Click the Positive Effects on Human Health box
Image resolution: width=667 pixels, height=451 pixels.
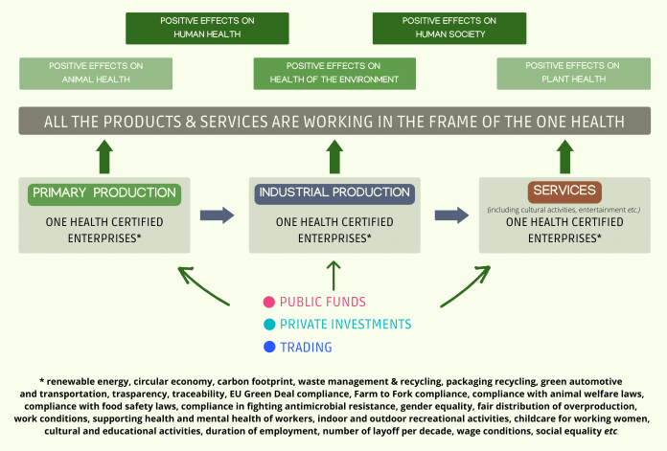(207, 28)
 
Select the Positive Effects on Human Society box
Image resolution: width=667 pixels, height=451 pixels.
(449, 28)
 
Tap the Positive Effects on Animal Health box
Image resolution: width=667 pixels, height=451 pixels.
(96, 74)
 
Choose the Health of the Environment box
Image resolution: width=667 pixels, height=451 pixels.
(334, 74)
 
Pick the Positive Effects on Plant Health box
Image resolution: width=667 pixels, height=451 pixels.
(573, 74)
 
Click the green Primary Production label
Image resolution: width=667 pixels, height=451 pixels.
(104, 194)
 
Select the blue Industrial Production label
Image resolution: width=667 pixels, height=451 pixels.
(334, 193)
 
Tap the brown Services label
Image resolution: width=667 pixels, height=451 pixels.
(564, 192)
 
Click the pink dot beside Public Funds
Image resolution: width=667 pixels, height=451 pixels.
(269, 302)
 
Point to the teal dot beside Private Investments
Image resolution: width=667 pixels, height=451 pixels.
(269, 325)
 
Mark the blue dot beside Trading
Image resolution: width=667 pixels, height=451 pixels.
(269, 347)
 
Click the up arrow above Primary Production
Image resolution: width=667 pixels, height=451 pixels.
(104, 156)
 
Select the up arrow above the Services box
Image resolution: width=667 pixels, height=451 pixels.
(564, 156)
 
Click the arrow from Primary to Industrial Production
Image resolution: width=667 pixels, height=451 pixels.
(217, 215)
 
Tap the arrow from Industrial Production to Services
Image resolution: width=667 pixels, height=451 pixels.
(451, 215)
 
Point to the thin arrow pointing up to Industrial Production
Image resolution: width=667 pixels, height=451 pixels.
(333, 276)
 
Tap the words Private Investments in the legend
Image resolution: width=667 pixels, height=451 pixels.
(345, 325)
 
